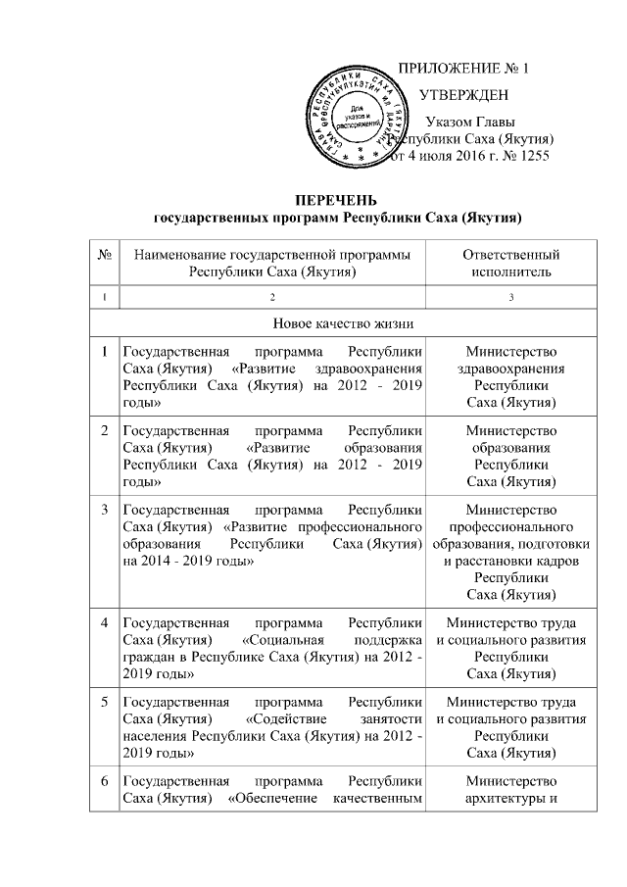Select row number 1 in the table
click(104, 351)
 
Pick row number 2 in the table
click(104, 430)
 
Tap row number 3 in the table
click(104, 510)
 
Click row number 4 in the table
click(104, 622)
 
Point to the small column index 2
click(273, 296)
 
